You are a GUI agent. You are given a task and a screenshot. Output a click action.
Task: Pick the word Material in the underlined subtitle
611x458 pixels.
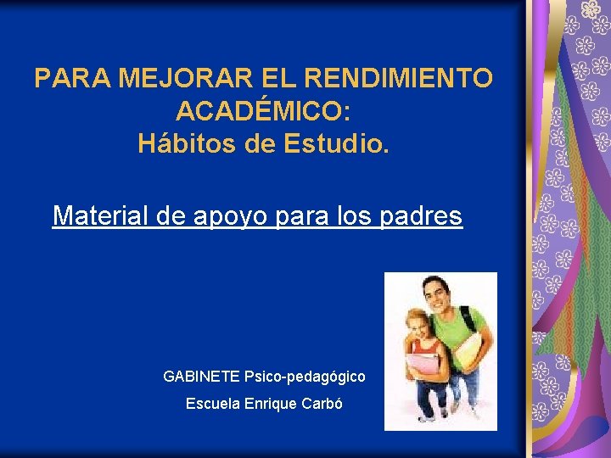click(101, 215)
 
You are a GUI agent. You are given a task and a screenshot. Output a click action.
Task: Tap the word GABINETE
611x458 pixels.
click(201, 375)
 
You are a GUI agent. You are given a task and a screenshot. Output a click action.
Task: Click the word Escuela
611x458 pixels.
click(211, 404)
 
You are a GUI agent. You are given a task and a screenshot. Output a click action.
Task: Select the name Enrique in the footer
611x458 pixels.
click(270, 404)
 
